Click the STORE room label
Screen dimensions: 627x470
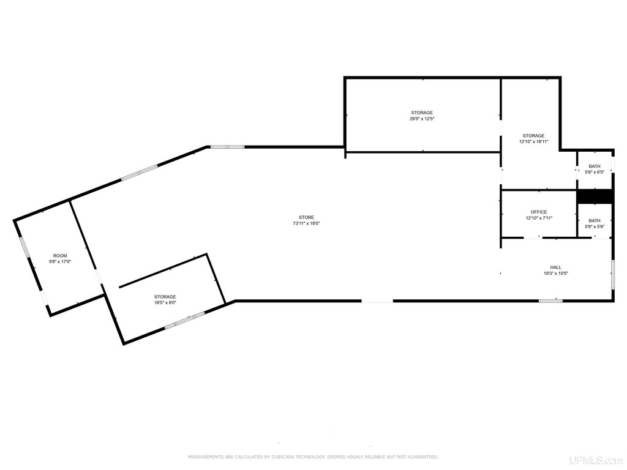point(306,217)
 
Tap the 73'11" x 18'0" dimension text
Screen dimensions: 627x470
point(306,223)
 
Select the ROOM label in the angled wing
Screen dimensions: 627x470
point(60,256)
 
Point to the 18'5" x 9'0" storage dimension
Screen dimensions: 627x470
point(165,302)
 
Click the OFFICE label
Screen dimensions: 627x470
point(539,212)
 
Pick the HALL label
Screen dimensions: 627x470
point(555,267)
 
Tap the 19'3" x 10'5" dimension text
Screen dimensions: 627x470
point(556,274)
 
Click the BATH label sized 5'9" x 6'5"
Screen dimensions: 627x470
point(595,166)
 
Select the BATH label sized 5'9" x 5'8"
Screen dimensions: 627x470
point(595,220)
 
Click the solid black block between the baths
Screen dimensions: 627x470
point(595,196)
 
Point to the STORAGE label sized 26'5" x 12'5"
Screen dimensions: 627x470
point(422,113)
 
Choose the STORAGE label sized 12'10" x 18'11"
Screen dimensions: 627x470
point(533,136)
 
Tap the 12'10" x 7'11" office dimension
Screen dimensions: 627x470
point(539,218)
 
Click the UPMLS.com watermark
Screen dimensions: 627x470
point(596,460)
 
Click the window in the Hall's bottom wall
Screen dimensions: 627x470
point(550,300)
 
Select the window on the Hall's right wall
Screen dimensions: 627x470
point(612,274)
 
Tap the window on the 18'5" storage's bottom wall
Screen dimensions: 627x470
point(185,321)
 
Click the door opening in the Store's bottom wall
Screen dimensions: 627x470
point(377,301)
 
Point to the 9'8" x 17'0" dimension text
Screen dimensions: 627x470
point(60,262)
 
